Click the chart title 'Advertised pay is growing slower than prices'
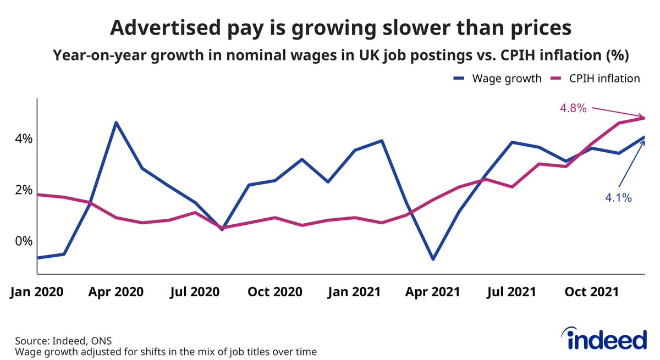pyautogui.click(x=329, y=28)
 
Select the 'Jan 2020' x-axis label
pyautogui.click(x=36, y=292)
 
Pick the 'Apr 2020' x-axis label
pyautogui.click(x=116, y=292)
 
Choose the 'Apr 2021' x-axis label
pyautogui.click(x=432, y=292)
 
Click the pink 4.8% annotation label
pyautogui.click(x=573, y=109)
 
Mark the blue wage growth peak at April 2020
pyautogui.click(x=116, y=122)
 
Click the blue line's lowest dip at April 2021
pyautogui.click(x=432, y=259)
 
